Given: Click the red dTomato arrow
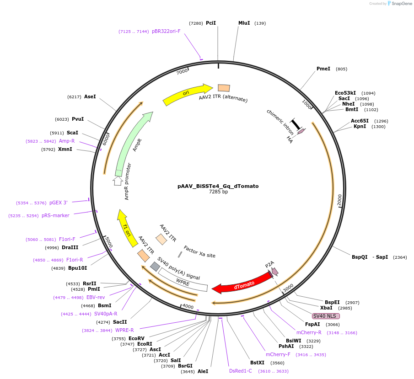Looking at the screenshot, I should point(242,282).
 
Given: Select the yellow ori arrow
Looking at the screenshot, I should point(188,94).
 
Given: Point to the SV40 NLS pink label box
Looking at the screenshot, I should point(326,316).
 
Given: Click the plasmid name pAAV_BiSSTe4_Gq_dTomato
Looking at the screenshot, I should point(218,186).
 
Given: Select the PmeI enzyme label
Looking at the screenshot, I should point(323,69).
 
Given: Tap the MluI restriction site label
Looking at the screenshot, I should point(244,23).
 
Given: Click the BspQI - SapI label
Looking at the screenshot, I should point(370,257).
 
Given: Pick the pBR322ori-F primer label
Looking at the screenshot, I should point(166,31).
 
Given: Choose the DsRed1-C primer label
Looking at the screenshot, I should point(241,371).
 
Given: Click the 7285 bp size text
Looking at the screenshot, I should point(218,192).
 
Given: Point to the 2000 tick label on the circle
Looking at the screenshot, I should point(339,200).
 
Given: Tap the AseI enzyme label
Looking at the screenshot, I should point(90,96).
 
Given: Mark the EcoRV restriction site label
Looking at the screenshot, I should point(136,338).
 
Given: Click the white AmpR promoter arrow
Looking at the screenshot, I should point(118,181).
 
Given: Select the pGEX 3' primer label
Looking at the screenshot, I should point(59,203).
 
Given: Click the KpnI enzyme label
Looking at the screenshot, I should point(360,126).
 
